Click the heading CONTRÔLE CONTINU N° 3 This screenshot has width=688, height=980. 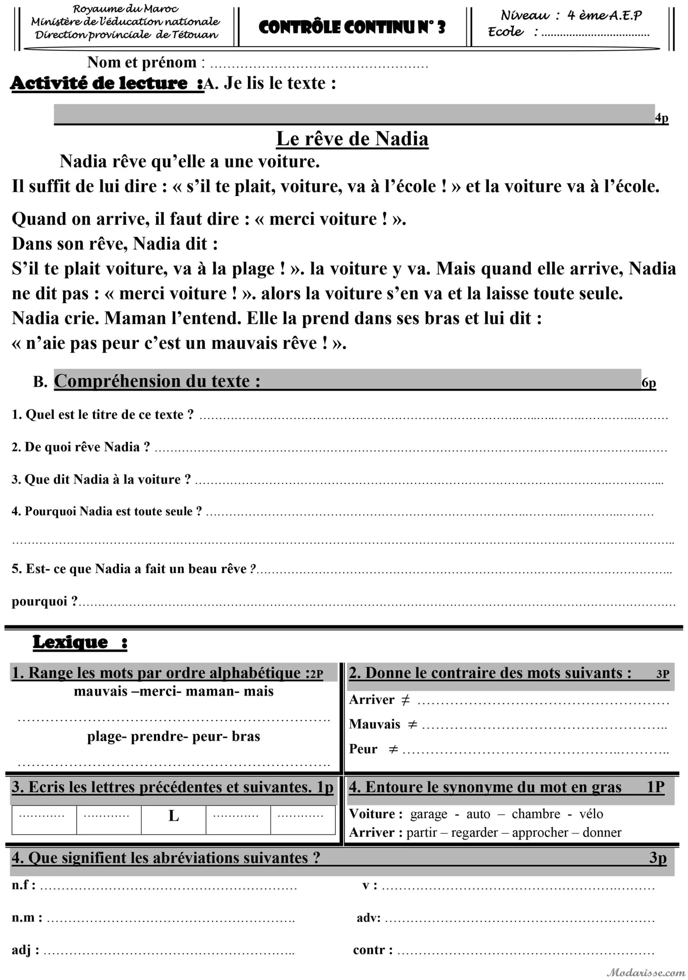tap(352, 27)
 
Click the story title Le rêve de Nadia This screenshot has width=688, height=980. tap(352, 139)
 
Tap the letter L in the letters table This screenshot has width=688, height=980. tap(173, 816)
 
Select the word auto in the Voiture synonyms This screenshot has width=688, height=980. tap(478, 814)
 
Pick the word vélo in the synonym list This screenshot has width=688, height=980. tap(591, 814)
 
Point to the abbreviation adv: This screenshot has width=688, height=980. tap(368, 918)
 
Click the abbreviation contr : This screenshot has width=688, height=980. tap(372, 950)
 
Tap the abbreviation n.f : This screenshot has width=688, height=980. tap(23, 885)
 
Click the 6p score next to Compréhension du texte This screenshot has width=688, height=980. tap(648, 383)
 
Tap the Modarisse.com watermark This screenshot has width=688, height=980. tap(646, 972)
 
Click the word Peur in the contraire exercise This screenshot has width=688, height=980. tap(363, 749)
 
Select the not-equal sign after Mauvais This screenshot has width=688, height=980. tap(412, 724)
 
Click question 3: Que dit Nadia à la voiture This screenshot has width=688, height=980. tap(101, 479)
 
